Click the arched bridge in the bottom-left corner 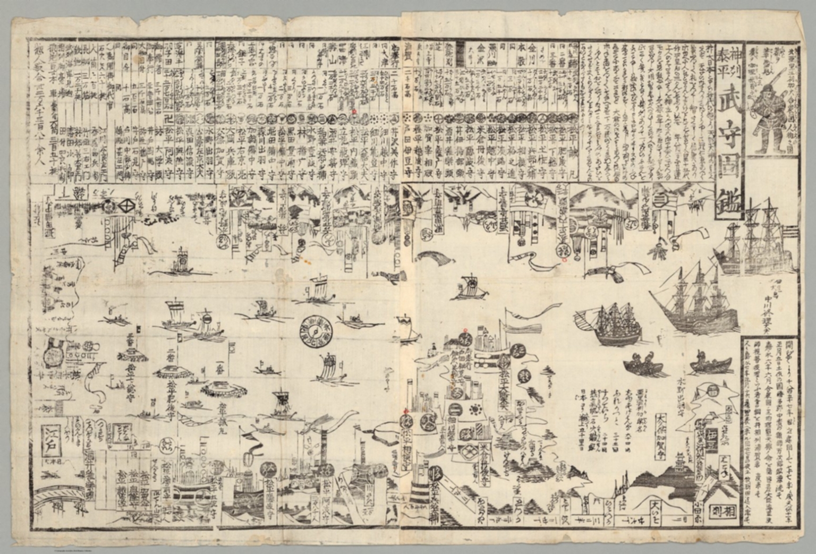click(64, 486)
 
